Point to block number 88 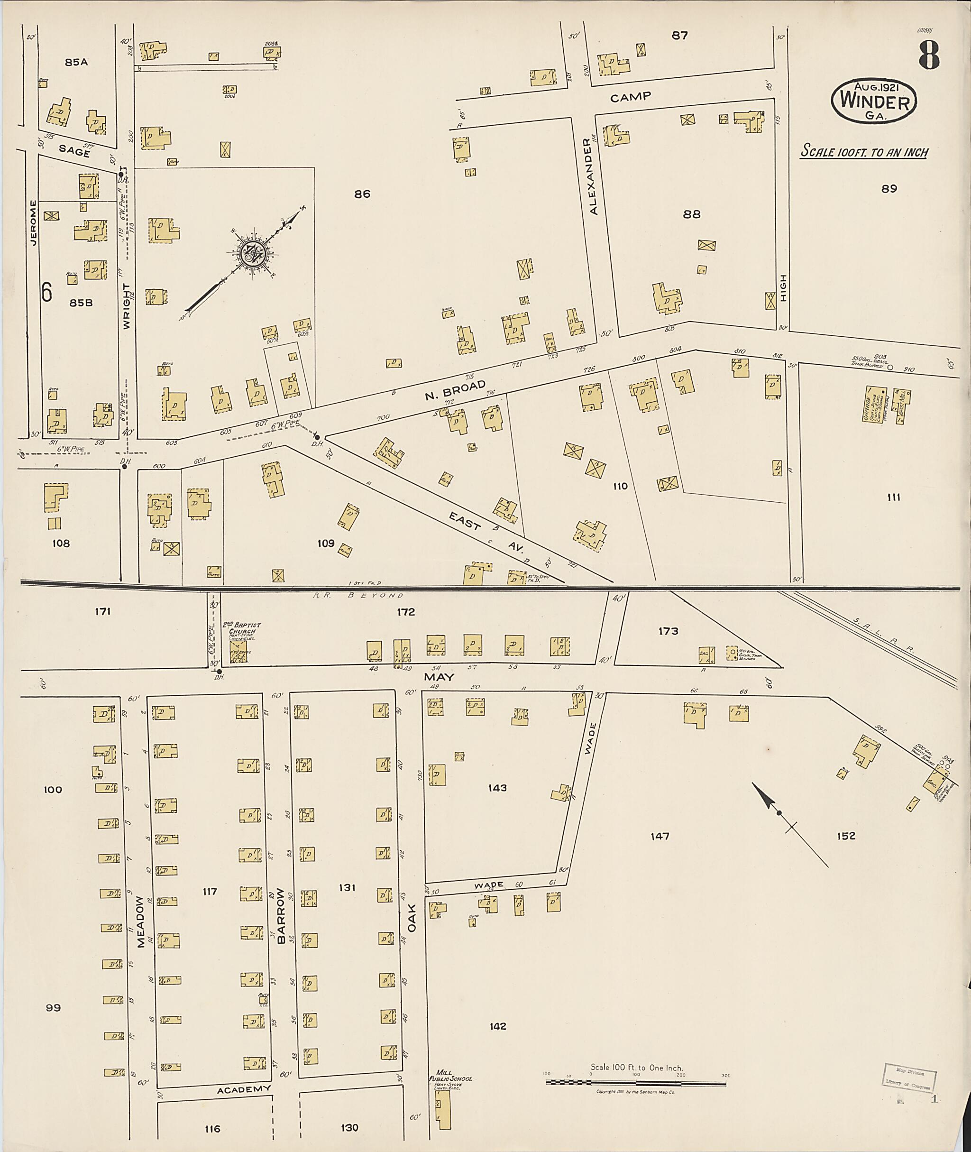click(691, 214)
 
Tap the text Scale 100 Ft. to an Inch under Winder click(864, 152)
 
